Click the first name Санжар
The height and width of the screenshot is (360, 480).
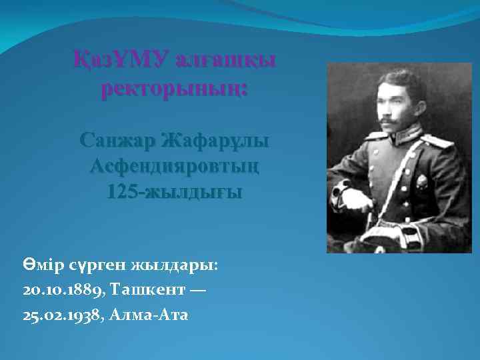(x=119, y=141)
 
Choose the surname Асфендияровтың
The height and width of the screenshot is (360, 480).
(x=174, y=166)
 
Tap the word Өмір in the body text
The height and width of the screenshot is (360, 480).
(x=41, y=265)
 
